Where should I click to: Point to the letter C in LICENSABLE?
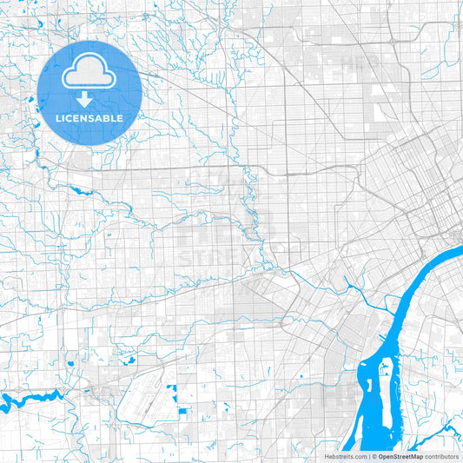(70, 117)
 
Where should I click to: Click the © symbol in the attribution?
(374, 455)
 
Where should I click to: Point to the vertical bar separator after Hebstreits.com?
(368, 455)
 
